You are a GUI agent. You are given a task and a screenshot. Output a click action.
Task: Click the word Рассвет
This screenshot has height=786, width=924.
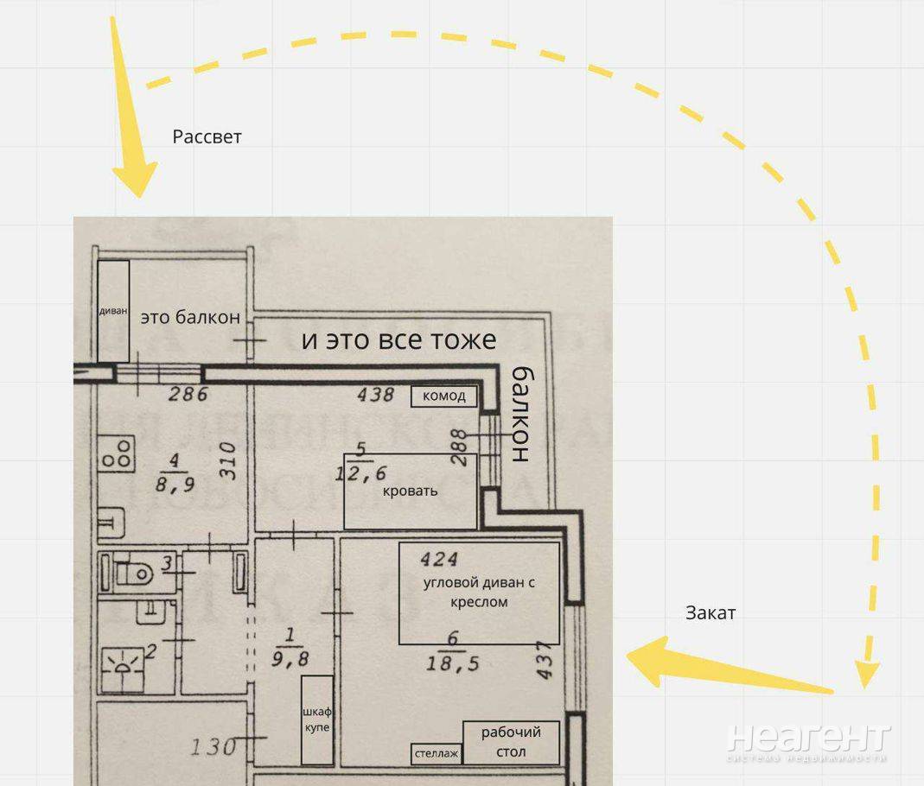pyautogui.click(x=207, y=137)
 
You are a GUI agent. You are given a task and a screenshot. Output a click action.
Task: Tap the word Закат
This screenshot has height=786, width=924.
pyautogui.click(x=711, y=613)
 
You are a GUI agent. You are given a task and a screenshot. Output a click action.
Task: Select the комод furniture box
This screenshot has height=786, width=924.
pyautogui.click(x=444, y=396)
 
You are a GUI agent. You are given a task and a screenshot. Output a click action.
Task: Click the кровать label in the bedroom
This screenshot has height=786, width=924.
pyautogui.click(x=411, y=491)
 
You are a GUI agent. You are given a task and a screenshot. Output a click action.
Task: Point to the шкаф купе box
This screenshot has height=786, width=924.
pyautogui.click(x=317, y=719)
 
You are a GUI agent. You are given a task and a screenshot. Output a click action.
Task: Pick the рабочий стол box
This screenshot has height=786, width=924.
pyautogui.click(x=511, y=743)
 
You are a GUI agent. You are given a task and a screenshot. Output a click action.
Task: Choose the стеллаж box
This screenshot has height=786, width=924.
pyautogui.click(x=437, y=754)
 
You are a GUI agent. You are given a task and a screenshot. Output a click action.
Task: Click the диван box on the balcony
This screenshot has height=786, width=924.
pyautogui.click(x=113, y=311)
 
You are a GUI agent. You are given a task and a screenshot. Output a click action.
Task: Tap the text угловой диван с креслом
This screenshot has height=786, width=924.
pyautogui.click(x=479, y=593)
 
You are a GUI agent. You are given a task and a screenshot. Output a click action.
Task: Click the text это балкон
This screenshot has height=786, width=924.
pyautogui.click(x=190, y=317)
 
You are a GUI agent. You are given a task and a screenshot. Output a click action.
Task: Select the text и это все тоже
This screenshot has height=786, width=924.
pyautogui.click(x=399, y=340)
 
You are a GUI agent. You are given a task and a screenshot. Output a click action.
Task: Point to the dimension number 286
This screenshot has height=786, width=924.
pyautogui.click(x=188, y=393)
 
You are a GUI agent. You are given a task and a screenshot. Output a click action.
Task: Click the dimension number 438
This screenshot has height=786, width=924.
pyautogui.click(x=375, y=394)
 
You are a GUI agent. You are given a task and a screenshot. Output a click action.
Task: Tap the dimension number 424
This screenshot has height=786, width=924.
pyautogui.click(x=439, y=559)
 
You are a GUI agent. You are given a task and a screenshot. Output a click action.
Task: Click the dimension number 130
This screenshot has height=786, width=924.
pyautogui.click(x=213, y=747)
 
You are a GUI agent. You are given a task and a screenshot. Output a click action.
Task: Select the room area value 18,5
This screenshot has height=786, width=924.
pyautogui.click(x=453, y=663)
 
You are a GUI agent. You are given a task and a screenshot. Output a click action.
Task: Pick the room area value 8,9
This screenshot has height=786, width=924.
pyautogui.click(x=175, y=485)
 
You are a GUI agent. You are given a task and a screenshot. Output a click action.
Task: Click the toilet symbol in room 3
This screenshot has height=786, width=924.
pyautogui.click(x=133, y=572)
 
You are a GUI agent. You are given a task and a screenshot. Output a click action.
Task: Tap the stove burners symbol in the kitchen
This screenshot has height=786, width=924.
pyautogui.click(x=117, y=453)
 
